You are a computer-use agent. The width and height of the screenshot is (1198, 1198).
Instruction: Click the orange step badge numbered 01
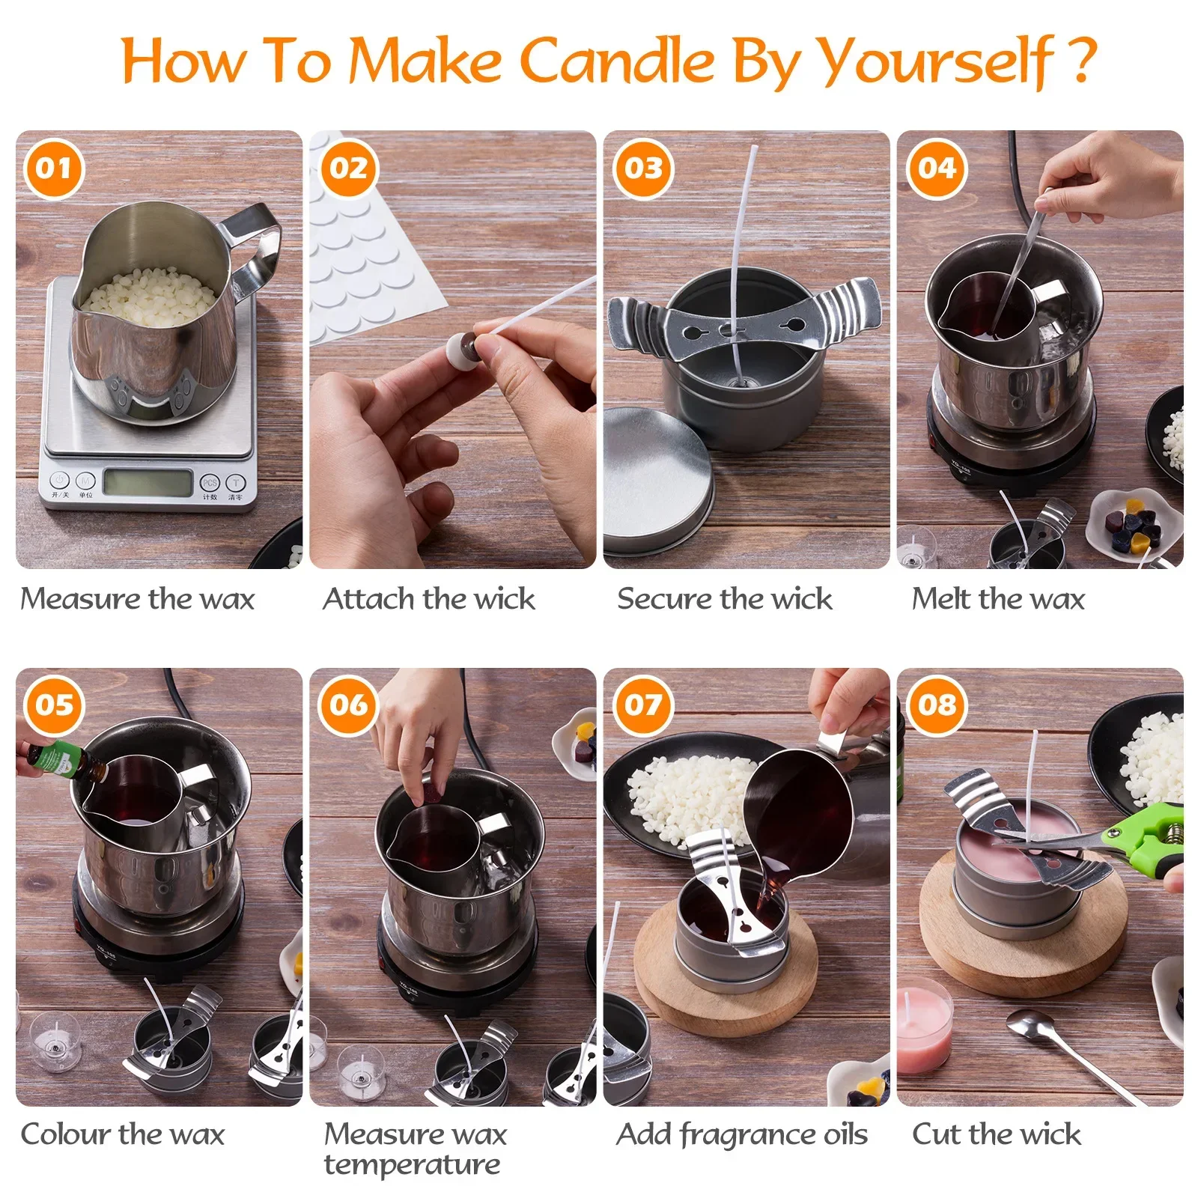(x=54, y=168)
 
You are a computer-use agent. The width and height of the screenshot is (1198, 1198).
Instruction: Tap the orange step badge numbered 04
(x=937, y=168)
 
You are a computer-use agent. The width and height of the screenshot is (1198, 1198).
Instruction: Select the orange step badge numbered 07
(x=643, y=705)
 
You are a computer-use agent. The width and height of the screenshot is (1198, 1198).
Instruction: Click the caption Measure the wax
(x=138, y=599)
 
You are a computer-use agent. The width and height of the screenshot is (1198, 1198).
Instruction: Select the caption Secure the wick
(x=725, y=599)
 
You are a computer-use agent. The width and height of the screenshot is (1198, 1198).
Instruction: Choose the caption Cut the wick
(x=997, y=1134)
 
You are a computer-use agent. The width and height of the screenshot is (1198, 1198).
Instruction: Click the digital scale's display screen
(x=148, y=483)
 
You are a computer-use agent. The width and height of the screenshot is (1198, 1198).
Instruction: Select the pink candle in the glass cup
(x=924, y=1026)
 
